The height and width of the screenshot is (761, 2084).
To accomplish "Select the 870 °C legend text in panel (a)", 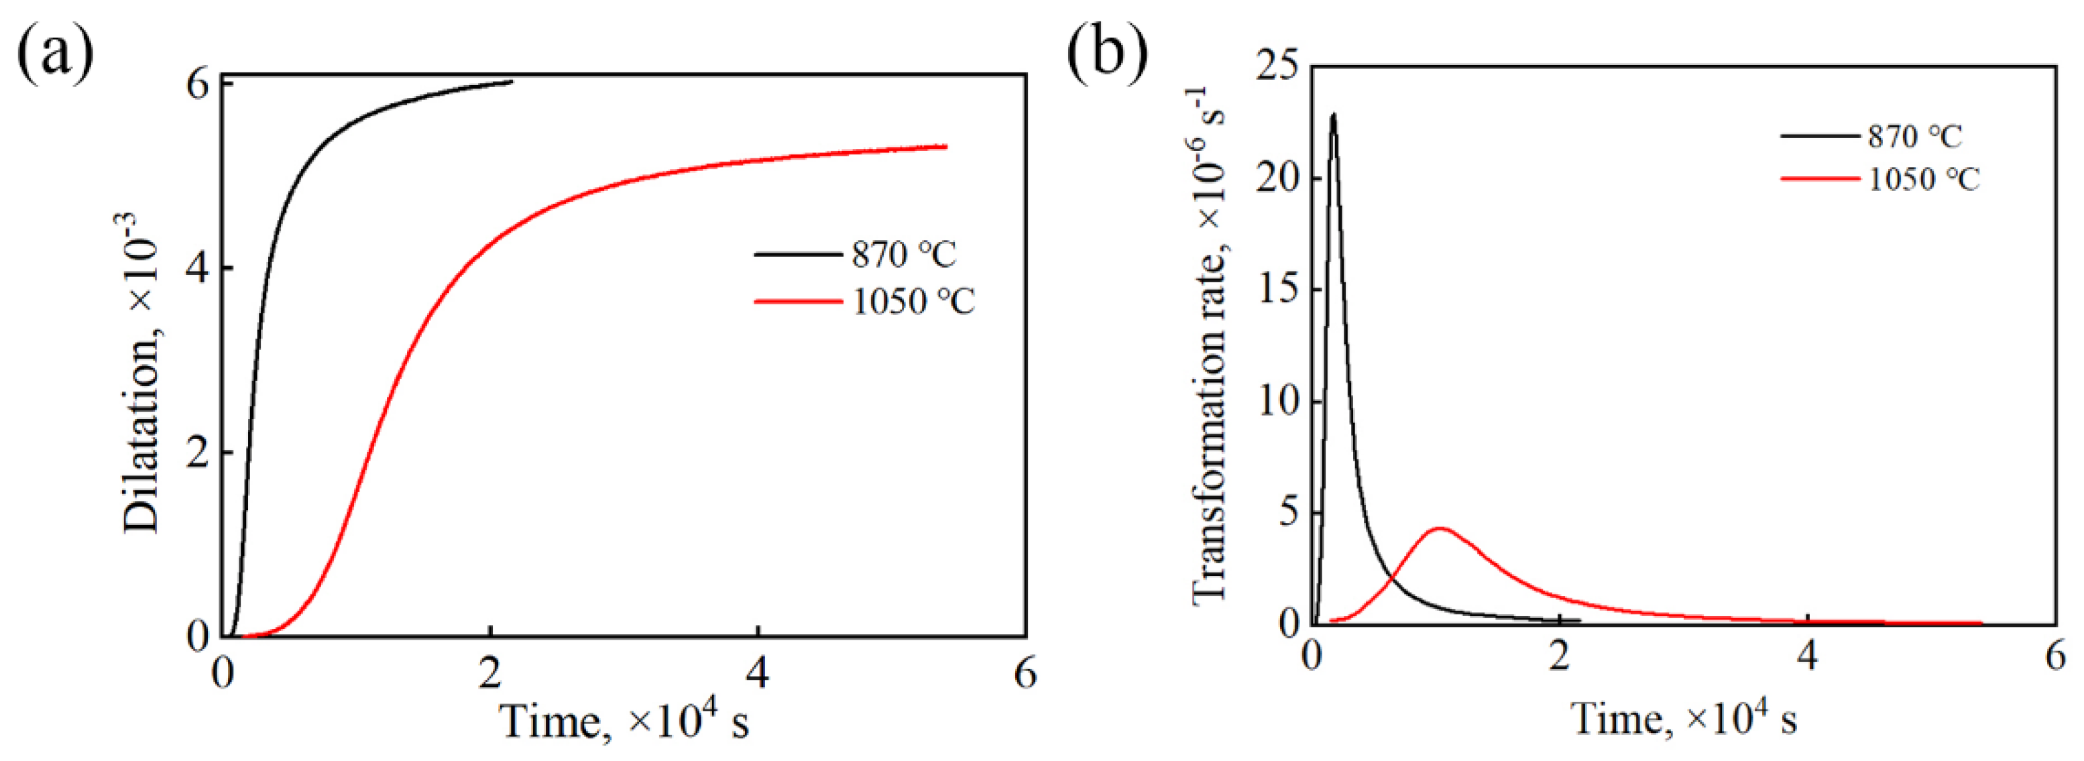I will (x=904, y=255).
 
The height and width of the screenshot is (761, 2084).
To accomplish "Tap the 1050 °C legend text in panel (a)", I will (x=913, y=302).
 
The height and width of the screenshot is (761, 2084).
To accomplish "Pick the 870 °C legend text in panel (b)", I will (x=1914, y=136).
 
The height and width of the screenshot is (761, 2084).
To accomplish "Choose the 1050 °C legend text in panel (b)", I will (x=1923, y=179).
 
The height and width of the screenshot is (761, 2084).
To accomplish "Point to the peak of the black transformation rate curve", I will (x=1333, y=115).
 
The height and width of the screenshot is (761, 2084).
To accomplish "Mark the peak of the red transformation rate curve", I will (x=1439, y=529).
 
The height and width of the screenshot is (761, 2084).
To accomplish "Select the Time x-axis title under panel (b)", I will (x=1684, y=717).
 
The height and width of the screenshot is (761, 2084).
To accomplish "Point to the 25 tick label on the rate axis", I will (x=1277, y=66).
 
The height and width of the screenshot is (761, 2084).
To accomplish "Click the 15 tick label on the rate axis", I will (x=1277, y=290).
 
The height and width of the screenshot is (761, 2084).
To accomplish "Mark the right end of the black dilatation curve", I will (x=512, y=82).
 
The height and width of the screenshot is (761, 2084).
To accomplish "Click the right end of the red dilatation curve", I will (x=945, y=146).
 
